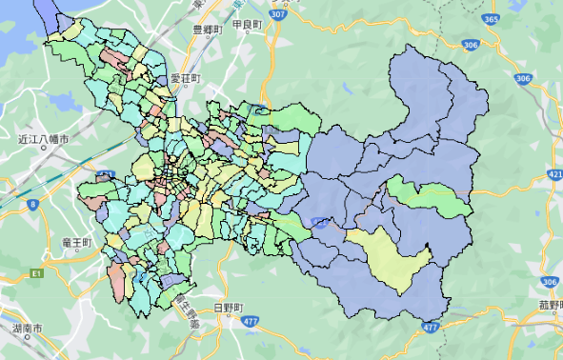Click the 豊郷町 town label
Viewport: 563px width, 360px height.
[207, 30]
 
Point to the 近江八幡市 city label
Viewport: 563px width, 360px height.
[43, 140]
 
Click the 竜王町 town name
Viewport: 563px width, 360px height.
[73, 243]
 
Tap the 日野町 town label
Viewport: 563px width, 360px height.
[229, 308]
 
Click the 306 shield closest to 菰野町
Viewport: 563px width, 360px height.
[549, 282]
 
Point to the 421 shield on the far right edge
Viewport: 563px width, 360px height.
[555, 175]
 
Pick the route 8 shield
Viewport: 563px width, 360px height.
[33, 204]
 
